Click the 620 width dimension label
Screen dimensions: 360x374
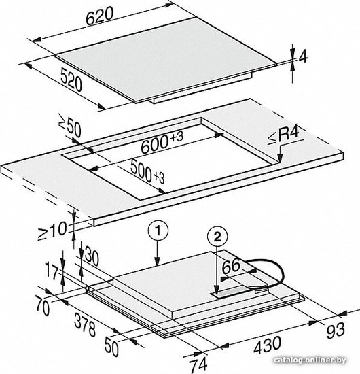pos(99,16)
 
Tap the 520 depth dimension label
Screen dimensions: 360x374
pos(71,80)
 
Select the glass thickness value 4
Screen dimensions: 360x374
pos(302,57)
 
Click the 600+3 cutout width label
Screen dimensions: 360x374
pos(162,142)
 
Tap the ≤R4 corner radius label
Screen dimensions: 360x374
pos(283,136)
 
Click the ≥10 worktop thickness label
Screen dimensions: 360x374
pos(52,230)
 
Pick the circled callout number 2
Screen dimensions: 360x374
pos(217,237)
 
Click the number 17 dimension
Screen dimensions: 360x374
pos(52,273)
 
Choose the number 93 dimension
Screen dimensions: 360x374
pos(336,330)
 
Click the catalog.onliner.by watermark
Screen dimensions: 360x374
pos(310,360)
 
